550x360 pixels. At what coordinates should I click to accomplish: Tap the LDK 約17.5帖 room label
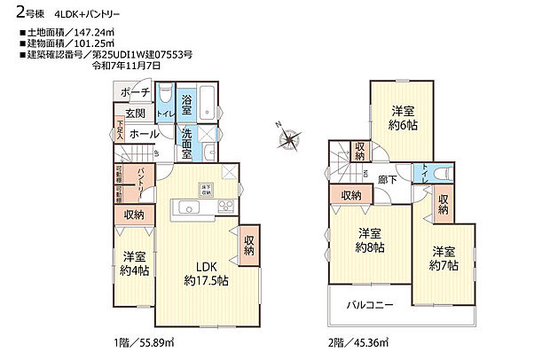point(207,273)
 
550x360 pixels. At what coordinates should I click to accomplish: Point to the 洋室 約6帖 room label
point(404,118)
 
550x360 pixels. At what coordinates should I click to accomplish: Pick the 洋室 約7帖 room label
point(444,257)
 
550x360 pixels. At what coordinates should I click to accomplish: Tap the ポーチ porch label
point(135,92)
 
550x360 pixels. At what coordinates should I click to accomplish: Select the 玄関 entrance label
point(135,113)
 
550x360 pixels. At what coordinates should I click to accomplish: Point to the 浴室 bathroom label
point(187,101)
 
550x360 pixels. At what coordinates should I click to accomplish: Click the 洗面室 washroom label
point(187,144)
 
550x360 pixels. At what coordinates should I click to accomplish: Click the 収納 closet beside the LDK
point(249,245)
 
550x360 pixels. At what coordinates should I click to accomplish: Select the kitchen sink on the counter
point(190,207)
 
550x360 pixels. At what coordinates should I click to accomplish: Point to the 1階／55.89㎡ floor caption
point(145,342)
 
